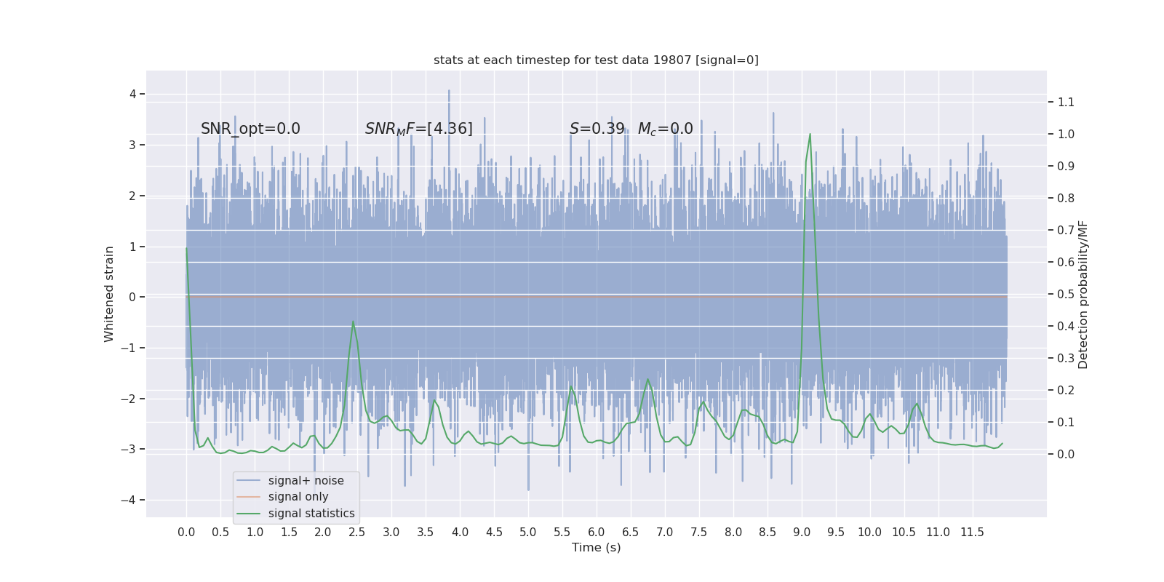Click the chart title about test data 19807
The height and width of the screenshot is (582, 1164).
tap(596, 60)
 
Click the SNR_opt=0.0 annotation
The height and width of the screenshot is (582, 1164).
tap(250, 129)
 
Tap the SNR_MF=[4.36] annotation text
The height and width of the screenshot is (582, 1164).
tap(418, 129)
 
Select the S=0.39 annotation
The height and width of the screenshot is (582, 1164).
tap(597, 129)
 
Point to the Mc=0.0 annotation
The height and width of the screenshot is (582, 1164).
tap(665, 129)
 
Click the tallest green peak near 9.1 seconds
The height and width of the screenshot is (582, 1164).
tap(810, 134)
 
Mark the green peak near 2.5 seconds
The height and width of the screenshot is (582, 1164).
tap(353, 322)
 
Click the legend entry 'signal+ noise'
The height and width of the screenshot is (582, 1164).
tap(306, 480)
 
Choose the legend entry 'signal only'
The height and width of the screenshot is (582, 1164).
tap(298, 497)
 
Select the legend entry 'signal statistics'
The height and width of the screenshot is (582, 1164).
tap(311, 514)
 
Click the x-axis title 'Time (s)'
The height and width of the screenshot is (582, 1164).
tap(596, 547)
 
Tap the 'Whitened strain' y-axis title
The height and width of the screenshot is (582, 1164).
tap(109, 294)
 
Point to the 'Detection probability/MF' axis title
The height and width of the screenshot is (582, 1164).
tap(1083, 295)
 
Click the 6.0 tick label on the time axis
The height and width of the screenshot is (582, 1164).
tap(596, 532)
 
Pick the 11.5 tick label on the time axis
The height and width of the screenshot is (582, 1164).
tap(972, 532)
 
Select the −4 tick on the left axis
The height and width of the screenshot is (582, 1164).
tap(132, 500)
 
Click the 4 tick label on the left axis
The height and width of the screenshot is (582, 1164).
tap(133, 94)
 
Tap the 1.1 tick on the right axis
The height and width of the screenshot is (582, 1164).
tap(1066, 102)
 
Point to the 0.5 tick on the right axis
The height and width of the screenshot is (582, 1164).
tap(1066, 294)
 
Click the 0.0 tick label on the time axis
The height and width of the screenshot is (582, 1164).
tap(186, 532)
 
